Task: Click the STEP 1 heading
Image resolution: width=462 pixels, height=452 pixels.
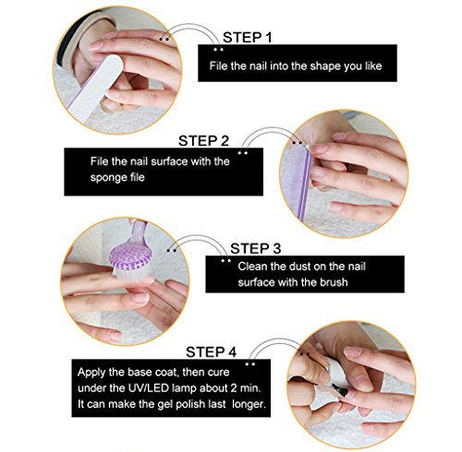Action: (248, 38)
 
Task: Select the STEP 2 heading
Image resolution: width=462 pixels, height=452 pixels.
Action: (203, 141)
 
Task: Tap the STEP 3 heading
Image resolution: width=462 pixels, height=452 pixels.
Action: (255, 248)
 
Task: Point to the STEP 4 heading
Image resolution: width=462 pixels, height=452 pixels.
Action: (211, 352)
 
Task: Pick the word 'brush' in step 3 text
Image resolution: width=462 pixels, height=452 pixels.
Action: (334, 282)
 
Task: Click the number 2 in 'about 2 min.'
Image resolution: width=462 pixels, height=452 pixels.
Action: (234, 388)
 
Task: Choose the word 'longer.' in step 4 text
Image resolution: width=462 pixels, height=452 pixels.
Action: (249, 404)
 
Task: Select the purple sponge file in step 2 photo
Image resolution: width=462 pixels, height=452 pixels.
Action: (297, 182)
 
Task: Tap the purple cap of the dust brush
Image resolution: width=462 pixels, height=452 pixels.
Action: (130, 255)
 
